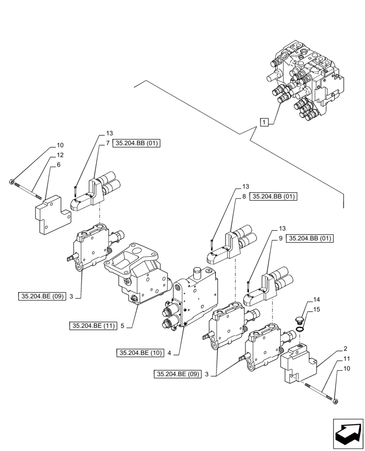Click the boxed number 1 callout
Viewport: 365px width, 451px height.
pyautogui.click(x=265, y=121)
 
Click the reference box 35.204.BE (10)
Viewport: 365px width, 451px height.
pyautogui.click(x=140, y=353)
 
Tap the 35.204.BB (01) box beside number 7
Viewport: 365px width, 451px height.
pyautogui.click(x=137, y=143)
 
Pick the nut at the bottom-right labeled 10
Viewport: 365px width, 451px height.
pyautogui.click(x=335, y=400)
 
